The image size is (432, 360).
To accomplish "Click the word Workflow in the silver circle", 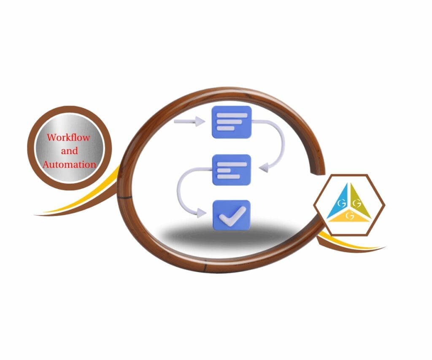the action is click(x=68, y=137).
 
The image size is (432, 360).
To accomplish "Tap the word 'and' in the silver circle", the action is click(x=70, y=151).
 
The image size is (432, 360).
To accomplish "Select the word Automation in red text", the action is click(x=70, y=165).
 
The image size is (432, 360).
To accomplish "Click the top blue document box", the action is click(x=232, y=122).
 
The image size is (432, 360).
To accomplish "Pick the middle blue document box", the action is click(x=232, y=170).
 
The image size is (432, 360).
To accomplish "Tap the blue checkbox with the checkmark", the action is click(x=232, y=215).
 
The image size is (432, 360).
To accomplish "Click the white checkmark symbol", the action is click(x=232, y=216).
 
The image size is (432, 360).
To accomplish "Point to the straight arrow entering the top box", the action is click(x=189, y=121).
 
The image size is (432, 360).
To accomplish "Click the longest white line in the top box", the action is click(x=232, y=115).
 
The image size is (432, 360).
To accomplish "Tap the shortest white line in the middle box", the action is click(x=224, y=171).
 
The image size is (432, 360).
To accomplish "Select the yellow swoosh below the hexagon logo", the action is click(x=350, y=241).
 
